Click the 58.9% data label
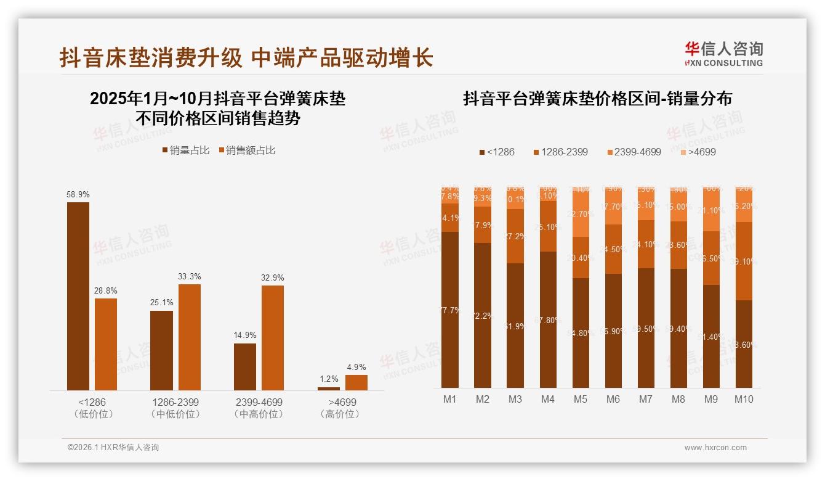78,194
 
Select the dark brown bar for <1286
78,296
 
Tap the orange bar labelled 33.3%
190,337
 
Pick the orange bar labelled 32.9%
273,337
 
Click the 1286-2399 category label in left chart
175,402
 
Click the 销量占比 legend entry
185,150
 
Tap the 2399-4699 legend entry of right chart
634,152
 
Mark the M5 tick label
581,399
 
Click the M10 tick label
744,399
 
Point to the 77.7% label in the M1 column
451,311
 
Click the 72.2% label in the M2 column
483,316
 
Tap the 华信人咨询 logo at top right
724,54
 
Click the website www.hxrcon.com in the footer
715,448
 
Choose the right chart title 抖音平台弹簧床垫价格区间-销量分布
597,99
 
